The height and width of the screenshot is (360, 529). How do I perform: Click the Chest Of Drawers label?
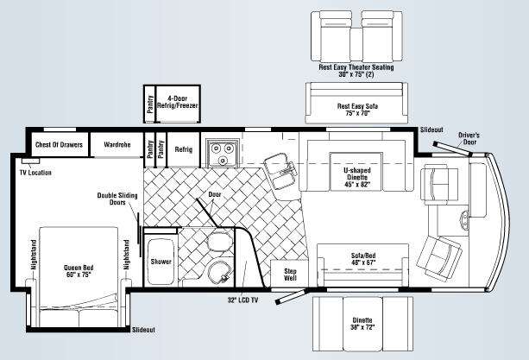[59, 145]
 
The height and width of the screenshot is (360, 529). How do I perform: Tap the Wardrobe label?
[117, 145]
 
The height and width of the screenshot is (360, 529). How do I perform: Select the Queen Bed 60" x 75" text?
[79, 271]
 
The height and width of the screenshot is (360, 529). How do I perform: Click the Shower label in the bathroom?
[161, 262]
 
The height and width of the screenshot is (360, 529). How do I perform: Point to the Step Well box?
[290, 274]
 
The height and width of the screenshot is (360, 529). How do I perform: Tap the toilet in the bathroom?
[220, 241]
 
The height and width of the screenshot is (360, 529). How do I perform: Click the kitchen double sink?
[280, 172]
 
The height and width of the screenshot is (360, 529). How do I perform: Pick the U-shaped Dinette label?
[357, 177]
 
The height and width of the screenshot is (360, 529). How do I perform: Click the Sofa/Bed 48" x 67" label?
[363, 259]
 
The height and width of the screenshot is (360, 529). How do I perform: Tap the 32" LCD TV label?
[242, 300]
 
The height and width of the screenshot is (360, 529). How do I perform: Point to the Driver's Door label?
[469, 138]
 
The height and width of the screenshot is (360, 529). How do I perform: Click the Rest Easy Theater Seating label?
[356, 71]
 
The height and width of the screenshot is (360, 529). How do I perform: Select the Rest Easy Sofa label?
[357, 110]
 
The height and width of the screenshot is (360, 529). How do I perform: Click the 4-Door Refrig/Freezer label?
[177, 102]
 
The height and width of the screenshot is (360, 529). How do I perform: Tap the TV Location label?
[35, 173]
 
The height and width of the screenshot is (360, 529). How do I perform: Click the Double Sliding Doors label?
[117, 199]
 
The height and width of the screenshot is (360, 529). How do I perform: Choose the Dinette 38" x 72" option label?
[362, 324]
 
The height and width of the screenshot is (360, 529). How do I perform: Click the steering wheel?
[465, 219]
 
